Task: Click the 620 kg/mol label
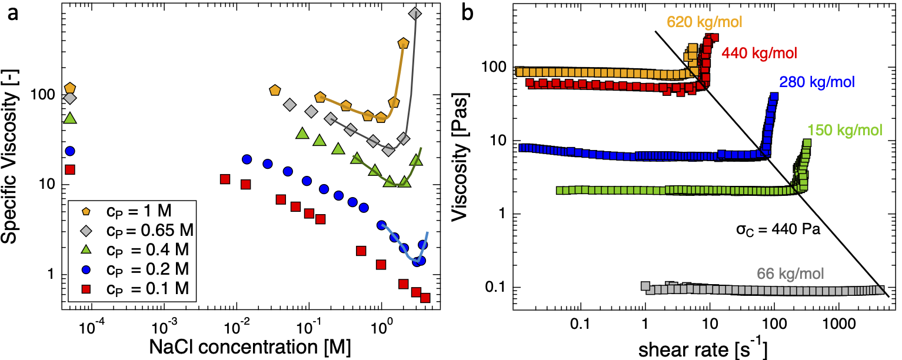pyautogui.click(x=704, y=22)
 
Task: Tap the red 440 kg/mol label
pyautogui.click(x=759, y=54)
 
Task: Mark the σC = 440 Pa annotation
pyautogui.click(x=780, y=230)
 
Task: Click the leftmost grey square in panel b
pyautogui.click(x=645, y=286)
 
